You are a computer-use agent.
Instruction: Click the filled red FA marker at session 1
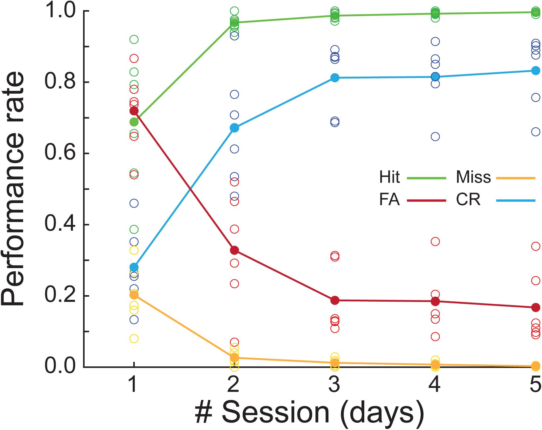(x=134, y=111)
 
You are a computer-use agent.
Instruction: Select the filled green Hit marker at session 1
(x=134, y=122)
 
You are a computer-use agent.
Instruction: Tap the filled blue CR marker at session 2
(x=234, y=128)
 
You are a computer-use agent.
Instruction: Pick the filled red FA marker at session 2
(x=234, y=250)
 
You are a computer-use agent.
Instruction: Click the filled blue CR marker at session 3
(x=335, y=78)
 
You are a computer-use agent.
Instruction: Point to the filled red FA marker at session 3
(x=335, y=300)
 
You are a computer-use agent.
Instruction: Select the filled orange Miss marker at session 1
(x=134, y=295)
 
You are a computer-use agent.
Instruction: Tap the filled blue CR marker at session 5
(x=536, y=71)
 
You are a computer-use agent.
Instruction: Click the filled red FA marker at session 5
(x=536, y=307)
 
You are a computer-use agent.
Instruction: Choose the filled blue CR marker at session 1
(x=134, y=267)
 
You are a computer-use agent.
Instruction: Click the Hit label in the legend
(x=389, y=177)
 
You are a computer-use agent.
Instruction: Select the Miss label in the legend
(x=473, y=177)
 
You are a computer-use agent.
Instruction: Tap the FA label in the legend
(x=389, y=200)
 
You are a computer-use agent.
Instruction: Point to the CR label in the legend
(x=468, y=200)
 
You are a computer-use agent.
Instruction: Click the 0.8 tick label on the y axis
(x=60, y=82)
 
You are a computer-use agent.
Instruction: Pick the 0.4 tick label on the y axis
(x=60, y=224)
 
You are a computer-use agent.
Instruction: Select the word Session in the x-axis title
(x=275, y=412)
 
